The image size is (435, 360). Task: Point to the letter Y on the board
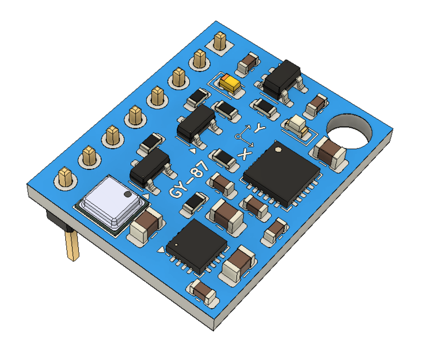click(x=259, y=128)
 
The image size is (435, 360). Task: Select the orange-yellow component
click(x=230, y=84)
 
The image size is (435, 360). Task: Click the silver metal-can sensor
click(x=110, y=201)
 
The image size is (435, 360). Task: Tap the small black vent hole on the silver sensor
click(x=127, y=195)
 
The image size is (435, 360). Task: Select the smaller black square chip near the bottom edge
click(x=197, y=242)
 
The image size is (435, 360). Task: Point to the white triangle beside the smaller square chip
click(x=163, y=249)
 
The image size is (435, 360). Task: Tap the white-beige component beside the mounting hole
click(x=297, y=125)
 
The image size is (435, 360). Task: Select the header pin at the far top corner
click(x=219, y=40)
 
